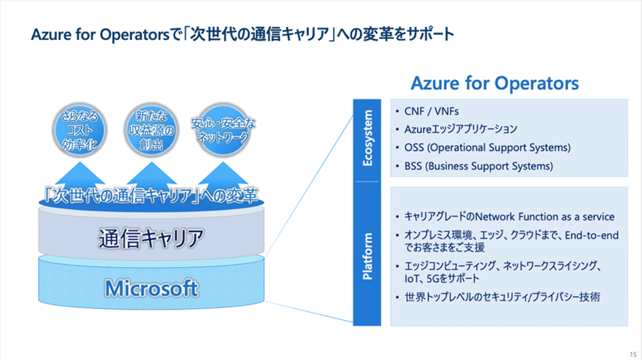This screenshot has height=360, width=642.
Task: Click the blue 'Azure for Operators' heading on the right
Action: [495, 83]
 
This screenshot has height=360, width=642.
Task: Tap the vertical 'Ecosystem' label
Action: [368, 138]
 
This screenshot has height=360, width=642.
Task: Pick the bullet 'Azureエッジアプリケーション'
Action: [461, 129]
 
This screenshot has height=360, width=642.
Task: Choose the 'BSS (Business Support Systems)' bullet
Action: [479, 165]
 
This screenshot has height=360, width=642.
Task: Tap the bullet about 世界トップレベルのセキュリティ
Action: [502, 297]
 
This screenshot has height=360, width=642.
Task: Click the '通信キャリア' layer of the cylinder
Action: [151, 237]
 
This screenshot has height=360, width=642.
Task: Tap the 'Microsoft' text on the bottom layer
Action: [151, 288]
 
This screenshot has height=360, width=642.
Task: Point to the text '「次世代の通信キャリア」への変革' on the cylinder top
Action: [151, 195]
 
